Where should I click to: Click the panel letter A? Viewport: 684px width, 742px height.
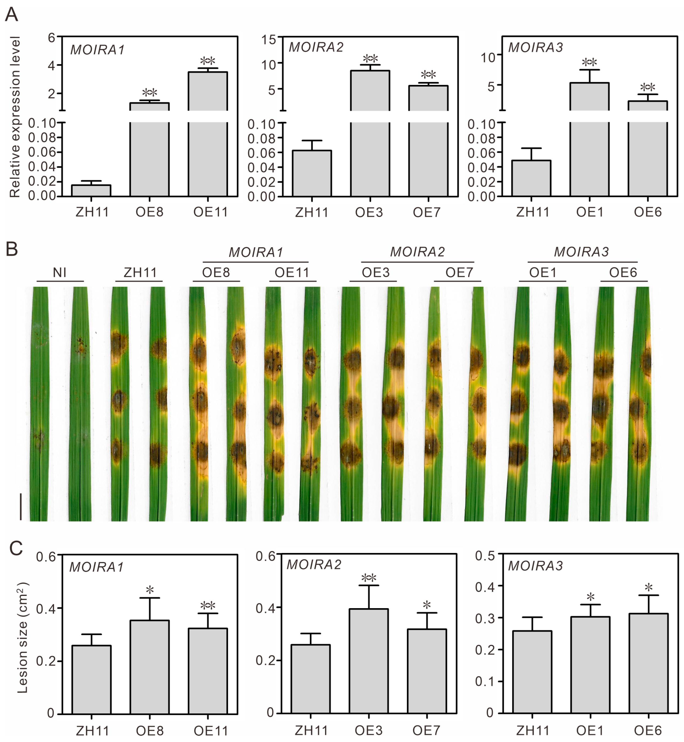pos(11,15)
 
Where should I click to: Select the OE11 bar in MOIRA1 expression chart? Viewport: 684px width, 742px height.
pos(208,133)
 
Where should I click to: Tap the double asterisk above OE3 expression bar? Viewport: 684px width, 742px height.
pos(370,58)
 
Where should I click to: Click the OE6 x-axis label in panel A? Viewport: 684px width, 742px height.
pos(648,212)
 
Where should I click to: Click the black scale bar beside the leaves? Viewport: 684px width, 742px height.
pos(21,506)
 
